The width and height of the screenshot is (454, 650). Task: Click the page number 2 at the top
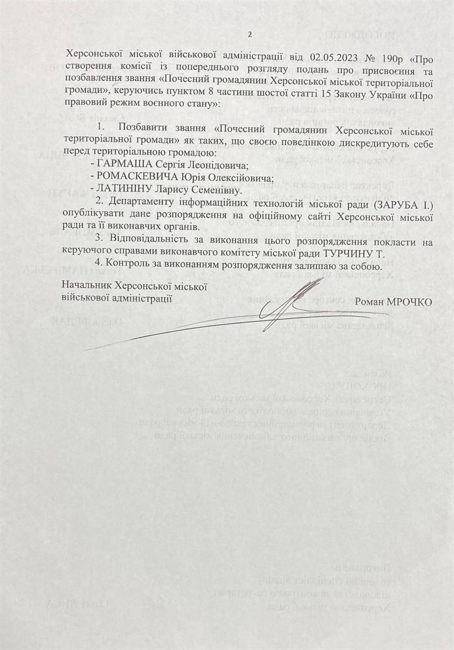click(250, 35)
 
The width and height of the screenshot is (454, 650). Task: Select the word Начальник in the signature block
click(84, 285)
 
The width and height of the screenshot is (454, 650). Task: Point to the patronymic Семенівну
click(216, 190)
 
